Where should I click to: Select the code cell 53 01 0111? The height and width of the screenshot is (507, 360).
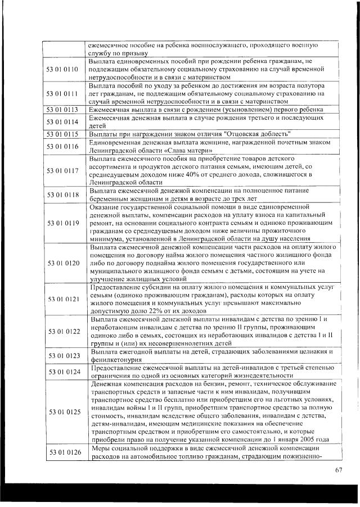63,93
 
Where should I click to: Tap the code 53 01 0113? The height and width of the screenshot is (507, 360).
63,110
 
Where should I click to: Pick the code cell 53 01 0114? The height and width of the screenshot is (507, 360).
63,122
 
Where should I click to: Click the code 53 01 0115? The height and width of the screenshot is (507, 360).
63,134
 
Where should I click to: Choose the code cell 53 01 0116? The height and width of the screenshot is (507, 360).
63,146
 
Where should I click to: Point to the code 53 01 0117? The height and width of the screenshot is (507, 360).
63,171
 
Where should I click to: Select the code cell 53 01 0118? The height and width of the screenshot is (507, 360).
63,195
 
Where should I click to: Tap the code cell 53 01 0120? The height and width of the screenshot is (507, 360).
63,263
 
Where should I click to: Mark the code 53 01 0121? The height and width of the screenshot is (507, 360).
63,300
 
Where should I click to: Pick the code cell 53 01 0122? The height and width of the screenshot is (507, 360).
63,332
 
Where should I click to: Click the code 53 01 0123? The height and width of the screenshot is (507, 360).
63,356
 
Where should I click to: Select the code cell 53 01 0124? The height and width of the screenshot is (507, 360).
63,372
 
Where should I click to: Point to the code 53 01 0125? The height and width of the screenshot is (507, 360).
63,412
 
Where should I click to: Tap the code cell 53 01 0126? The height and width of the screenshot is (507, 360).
63,453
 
